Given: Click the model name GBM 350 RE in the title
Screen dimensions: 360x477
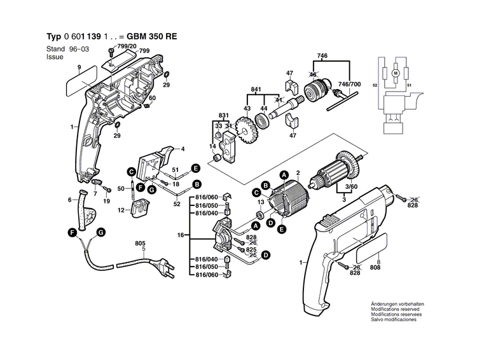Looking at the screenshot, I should click(x=151, y=36).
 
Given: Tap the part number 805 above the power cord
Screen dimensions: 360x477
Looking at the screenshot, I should click(x=140, y=242).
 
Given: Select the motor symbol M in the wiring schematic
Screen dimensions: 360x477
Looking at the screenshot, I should click(x=395, y=73).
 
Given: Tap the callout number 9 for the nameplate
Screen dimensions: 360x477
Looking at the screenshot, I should click(x=79, y=67).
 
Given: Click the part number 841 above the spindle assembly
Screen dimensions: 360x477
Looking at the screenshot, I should click(x=256, y=88).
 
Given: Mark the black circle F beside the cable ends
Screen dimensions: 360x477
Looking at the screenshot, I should click(x=73, y=233).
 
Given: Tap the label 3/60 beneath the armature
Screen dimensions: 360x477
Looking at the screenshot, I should click(x=350, y=187).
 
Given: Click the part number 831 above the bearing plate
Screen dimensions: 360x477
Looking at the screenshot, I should click(x=223, y=114).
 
